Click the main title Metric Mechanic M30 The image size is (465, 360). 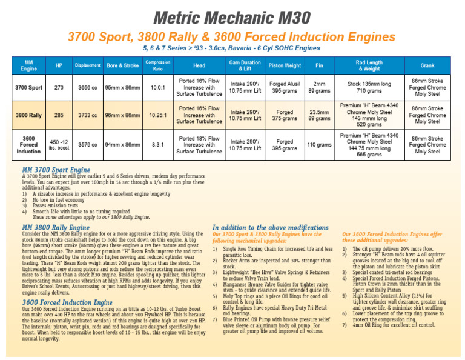click(x=232, y=16)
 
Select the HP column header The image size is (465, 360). click(x=59, y=65)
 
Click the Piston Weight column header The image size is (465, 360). click(x=285, y=65)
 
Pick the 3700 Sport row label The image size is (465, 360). click(x=28, y=87)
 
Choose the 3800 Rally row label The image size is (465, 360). click(x=28, y=115)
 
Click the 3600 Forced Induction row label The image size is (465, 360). click(x=28, y=145)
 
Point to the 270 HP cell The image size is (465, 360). click(x=59, y=87)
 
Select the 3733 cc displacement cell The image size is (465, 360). click(x=87, y=115)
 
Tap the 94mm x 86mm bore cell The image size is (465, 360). click(x=123, y=145)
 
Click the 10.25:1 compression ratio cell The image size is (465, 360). click(x=157, y=115)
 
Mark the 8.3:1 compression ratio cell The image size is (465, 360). click(x=157, y=145)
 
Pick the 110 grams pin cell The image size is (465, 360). click(x=319, y=145)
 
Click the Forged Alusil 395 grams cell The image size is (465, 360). click(x=285, y=87)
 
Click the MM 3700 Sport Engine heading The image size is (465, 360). click(x=56, y=170)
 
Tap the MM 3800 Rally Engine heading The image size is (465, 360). click(x=56, y=227)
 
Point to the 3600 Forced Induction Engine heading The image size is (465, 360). click(x=67, y=302)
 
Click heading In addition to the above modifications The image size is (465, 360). click(x=271, y=227)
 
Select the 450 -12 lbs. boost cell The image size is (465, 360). click(x=59, y=145)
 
